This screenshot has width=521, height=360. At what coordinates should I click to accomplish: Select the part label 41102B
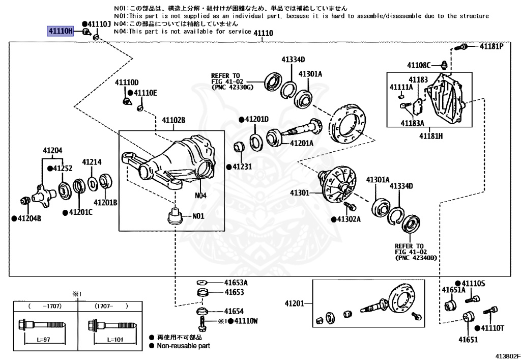click(x=173, y=120)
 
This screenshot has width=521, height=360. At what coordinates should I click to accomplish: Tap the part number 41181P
click(x=491, y=46)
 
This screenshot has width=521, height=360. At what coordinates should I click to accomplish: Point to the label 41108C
click(x=419, y=65)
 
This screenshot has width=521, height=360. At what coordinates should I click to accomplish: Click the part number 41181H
click(x=431, y=135)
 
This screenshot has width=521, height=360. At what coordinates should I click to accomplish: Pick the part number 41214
click(x=92, y=162)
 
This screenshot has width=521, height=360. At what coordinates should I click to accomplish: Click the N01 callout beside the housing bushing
click(x=198, y=216)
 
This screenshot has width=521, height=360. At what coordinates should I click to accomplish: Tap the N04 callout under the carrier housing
click(x=200, y=195)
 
